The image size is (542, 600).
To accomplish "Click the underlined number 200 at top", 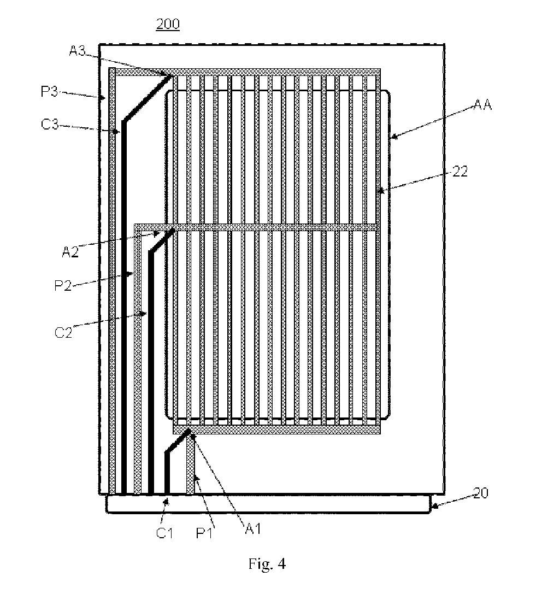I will (x=168, y=25).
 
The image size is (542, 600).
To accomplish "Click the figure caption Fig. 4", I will (x=267, y=563).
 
